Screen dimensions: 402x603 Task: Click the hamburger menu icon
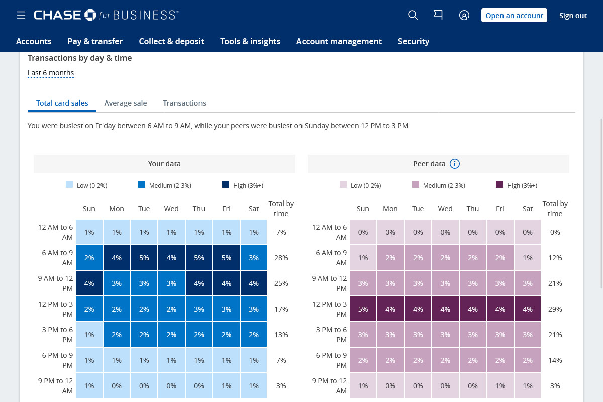(21, 16)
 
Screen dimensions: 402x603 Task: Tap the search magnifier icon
(413, 16)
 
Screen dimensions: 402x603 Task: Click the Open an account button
(514, 16)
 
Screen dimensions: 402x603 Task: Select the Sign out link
(573, 16)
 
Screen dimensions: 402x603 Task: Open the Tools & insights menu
(250, 41)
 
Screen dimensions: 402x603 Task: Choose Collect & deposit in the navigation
(171, 41)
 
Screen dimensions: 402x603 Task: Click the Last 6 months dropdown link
(51, 73)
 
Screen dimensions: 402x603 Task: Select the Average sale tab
(126, 103)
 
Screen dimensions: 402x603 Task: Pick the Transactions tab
(184, 103)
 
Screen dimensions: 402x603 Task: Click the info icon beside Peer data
(455, 164)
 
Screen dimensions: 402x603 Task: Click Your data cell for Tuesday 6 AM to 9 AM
(144, 258)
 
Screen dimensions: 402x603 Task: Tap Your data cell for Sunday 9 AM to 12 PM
(89, 283)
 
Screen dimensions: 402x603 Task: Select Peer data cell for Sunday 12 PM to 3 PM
(363, 309)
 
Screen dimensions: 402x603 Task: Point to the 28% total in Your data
(281, 258)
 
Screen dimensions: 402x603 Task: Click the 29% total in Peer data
(555, 309)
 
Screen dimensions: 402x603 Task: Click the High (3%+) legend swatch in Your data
(226, 185)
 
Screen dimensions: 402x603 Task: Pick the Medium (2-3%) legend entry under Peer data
(439, 185)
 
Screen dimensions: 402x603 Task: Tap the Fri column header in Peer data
(500, 209)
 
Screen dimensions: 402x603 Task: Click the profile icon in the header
(464, 16)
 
